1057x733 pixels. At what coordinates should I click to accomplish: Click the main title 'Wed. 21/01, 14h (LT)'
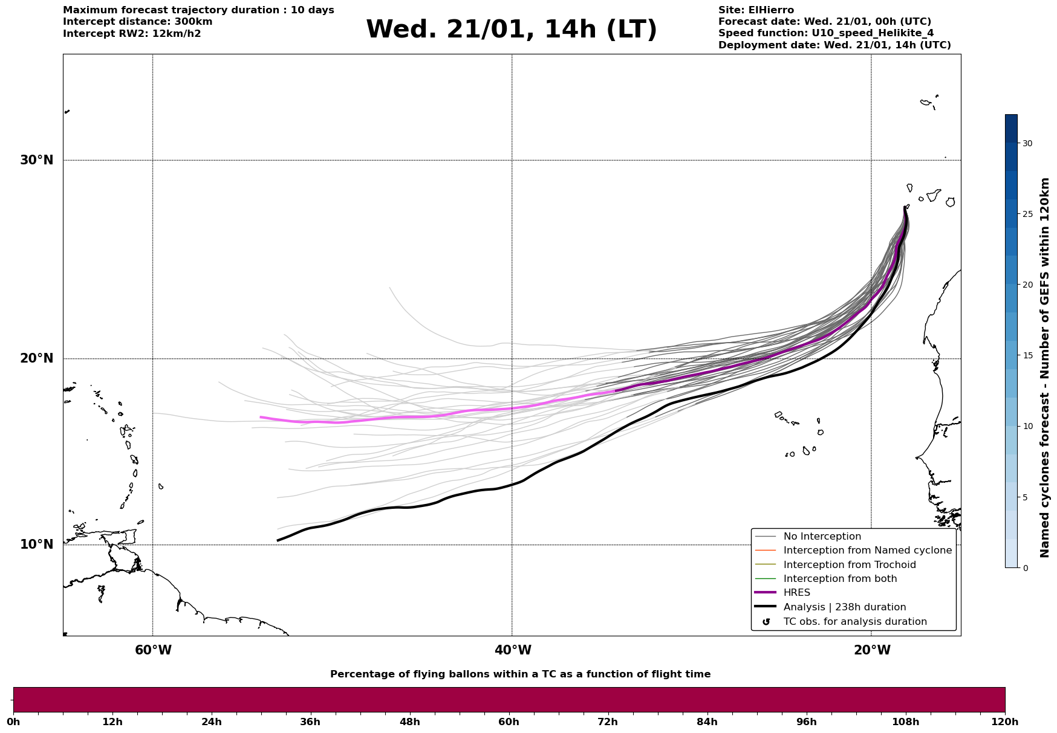tap(511, 30)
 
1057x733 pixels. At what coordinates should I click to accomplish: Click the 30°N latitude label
tap(37, 160)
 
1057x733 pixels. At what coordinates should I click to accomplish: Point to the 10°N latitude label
tap(37, 544)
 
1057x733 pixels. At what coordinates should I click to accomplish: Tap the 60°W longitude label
tap(153, 650)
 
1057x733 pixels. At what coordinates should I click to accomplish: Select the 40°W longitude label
tap(513, 650)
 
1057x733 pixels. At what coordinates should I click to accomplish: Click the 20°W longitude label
tap(872, 650)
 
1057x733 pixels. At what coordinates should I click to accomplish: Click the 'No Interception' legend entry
tap(822, 537)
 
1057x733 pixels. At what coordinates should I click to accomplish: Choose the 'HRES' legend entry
tap(796, 593)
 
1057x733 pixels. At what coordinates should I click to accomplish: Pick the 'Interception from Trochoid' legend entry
tap(849, 565)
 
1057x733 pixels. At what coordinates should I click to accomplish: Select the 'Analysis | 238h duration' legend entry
tap(844, 607)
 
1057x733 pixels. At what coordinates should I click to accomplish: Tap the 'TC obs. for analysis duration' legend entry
tap(854, 622)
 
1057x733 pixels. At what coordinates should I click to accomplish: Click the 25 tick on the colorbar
tap(1027, 214)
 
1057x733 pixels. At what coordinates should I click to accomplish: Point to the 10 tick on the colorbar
tap(1027, 426)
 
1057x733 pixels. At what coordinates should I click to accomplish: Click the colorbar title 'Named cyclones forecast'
tap(1044, 367)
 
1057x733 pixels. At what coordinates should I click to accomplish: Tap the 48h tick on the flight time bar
tap(409, 722)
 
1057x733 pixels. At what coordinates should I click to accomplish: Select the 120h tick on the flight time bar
tap(1004, 722)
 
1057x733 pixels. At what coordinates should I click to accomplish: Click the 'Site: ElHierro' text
tap(756, 10)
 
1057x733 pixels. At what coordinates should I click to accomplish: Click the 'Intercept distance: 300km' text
tap(137, 22)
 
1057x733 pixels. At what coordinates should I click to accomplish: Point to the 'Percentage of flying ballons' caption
tap(520, 674)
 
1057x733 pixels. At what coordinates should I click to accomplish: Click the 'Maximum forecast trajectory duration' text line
tap(198, 10)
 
